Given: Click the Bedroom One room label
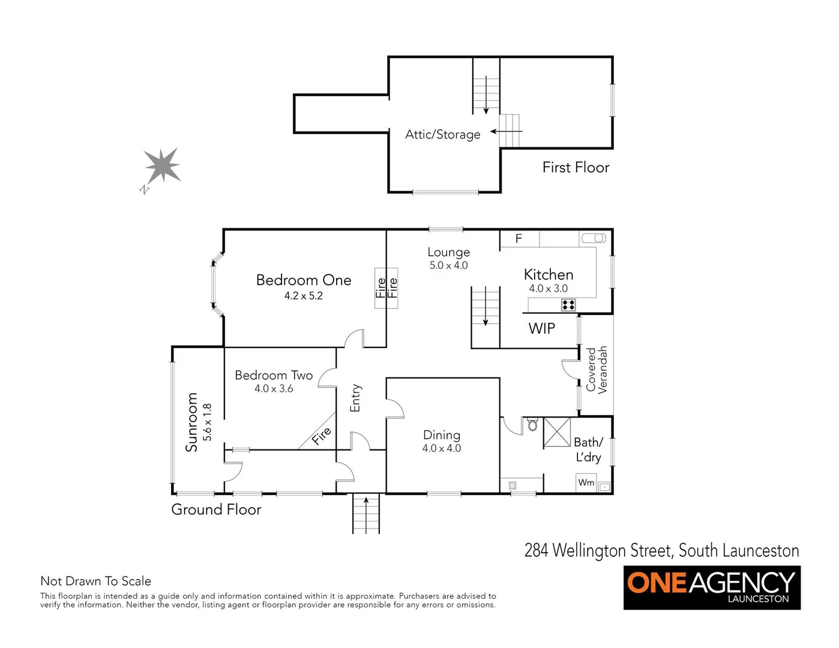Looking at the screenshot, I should pos(303,280).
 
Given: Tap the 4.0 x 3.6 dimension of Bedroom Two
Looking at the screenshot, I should pos(274,389).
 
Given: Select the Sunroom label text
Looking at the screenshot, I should pos(191,422).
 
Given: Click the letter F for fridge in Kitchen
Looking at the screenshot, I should pos(519,239).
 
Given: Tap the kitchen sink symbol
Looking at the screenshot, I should pos(593,239).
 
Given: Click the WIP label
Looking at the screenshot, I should pos(541,329).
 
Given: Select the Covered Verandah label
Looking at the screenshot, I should pos(597,370).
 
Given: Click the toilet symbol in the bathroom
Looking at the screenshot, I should pos(532,425).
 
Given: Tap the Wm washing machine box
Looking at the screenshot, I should pos(586,483).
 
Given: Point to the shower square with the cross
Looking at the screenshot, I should pos(557,432).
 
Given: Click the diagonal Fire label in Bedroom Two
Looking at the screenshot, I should pos(321,436).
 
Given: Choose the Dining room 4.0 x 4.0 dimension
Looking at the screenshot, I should pos(442,449).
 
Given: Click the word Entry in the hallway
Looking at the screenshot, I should pos(355,398).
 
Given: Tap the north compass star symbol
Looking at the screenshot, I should pos(162,166).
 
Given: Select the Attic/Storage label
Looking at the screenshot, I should pos(442,134).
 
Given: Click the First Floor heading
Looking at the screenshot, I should pos(576,167).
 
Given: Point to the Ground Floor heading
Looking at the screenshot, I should pos(216,509).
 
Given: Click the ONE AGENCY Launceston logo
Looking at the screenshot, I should pos(712,586).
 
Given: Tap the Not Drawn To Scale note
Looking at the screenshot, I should pos(95,581).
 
